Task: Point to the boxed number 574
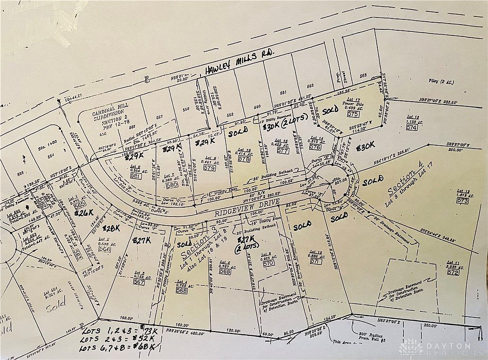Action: [x=411, y=128]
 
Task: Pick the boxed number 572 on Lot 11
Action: [x=453, y=272]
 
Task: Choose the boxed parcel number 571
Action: [x=314, y=261]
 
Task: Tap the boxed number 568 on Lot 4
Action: [x=181, y=291]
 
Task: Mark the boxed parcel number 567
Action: [x=139, y=282]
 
